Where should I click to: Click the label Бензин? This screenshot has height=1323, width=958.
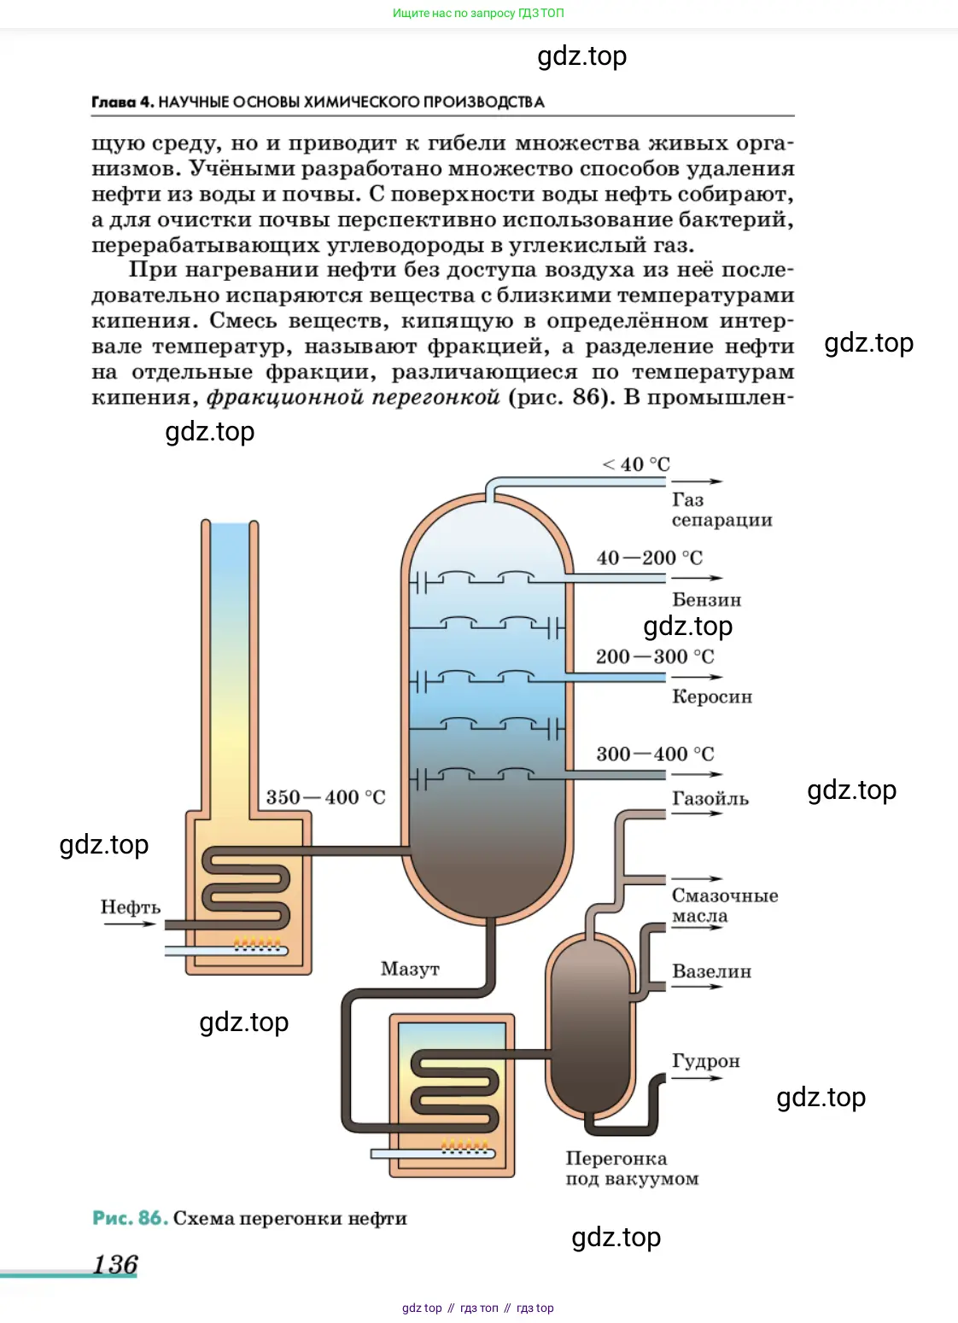click(x=706, y=600)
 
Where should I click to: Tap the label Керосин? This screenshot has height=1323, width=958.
click(x=712, y=696)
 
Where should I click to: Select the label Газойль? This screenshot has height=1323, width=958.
click(x=710, y=799)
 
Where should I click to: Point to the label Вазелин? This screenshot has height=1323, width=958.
click(x=711, y=971)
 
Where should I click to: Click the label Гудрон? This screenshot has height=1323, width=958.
click(x=705, y=1061)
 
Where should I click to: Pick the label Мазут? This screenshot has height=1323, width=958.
click(x=410, y=969)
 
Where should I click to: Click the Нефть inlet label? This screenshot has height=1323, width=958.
click(x=130, y=907)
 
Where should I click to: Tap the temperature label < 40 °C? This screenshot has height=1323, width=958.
click(x=636, y=464)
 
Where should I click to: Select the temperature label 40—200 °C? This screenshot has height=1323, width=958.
click(x=649, y=558)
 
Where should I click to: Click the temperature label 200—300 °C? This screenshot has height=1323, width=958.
click(x=655, y=656)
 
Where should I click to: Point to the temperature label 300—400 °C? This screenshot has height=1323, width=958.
click(x=655, y=754)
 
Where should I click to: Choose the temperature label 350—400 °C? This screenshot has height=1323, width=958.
click(x=325, y=797)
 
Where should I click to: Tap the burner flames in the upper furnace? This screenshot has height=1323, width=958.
click(x=257, y=944)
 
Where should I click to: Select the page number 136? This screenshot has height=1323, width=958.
click(x=115, y=1264)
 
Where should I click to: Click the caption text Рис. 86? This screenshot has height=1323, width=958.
click(x=129, y=1218)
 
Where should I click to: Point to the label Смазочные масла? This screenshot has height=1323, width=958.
click(x=724, y=906)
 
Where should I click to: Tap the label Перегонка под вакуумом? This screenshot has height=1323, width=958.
click(x=632, y=1169)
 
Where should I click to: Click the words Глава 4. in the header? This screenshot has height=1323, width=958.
click(x=122, y=102)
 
